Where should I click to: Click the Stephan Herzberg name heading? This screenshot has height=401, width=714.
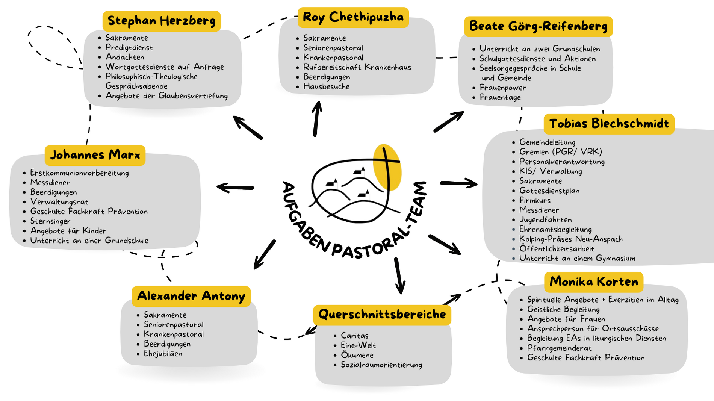(162, 21)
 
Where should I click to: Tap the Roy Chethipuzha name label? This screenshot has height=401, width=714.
(353, 17)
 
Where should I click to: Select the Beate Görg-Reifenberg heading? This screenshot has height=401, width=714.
(538, 26)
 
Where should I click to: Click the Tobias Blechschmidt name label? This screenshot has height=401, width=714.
(609, 124)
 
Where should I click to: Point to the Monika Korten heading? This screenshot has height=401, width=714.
(594, 282)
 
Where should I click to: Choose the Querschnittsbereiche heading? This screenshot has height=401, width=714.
(382, 315)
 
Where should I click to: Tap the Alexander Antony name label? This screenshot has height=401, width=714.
(191, 296)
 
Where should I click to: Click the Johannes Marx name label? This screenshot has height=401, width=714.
(95, 155)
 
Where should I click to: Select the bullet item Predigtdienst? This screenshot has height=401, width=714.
(129, 48)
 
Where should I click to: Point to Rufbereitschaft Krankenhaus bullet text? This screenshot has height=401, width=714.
(357, 67)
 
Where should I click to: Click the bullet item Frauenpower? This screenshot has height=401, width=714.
(502, 88)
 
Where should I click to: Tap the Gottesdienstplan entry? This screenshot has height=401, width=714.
(549, 191)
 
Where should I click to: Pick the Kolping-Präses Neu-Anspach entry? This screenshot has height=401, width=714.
(571, 239)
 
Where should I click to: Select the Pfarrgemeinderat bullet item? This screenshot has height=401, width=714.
(559, 348)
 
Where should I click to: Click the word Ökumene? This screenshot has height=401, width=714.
(357, 355)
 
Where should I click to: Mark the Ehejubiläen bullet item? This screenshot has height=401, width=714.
(163, 354)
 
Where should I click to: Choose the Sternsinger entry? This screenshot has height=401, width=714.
(50, 221)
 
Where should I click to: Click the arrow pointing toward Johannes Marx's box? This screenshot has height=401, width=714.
(235, 187)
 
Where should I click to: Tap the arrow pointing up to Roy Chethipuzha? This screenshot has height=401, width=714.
(317, 118)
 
